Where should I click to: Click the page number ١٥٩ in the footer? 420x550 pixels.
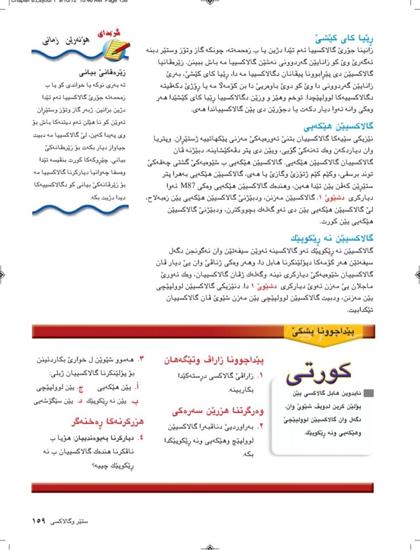[x=40, y=521]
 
